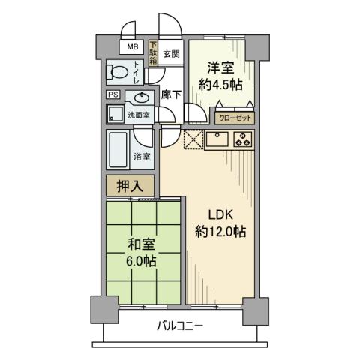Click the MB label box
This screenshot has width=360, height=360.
pyautogui.click(x=132, y=47)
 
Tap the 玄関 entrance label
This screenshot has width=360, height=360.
pyautogui.click(x=170, y=54)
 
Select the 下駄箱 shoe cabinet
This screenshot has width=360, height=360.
pyautogui.click(x=154, y=53)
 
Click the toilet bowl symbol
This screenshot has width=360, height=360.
pyautogui.click(x=118, y=73)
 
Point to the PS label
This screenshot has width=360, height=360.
pyautogui.click(x=112, y=94)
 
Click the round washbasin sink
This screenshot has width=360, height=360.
pyautogui.click(x=138, y=98)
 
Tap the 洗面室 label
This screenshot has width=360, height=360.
pyautogui.click(x=139, y=115)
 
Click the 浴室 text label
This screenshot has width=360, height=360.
pyautogui.click(x=141, y=157)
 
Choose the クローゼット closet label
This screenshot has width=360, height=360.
pyautogui.click(x=235, y=118)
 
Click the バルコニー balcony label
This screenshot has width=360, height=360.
pyautogui.click(x=180, y=326)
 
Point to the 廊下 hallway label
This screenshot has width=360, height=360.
pyautogui.click(x=171, y=94)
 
